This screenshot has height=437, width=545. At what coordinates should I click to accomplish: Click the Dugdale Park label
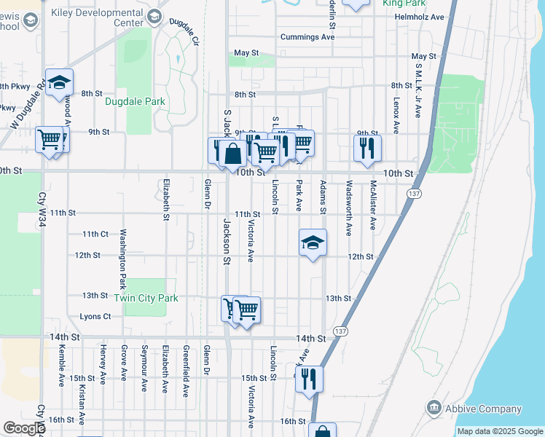point(135,102)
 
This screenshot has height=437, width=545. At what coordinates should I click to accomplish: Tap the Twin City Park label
point(146,298)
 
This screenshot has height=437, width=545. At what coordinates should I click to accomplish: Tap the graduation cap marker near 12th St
point(313,244)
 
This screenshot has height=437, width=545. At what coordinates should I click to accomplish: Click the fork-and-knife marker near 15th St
point(309,379)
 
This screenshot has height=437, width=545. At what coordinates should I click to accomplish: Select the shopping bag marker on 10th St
point(232,154)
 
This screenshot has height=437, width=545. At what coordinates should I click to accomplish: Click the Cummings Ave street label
point(308,37)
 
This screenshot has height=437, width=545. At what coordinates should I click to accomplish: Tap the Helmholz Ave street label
point(417,17)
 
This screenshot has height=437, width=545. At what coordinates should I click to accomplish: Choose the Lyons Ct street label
point(95,317)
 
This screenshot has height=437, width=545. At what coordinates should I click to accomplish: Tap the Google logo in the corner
point(24,428)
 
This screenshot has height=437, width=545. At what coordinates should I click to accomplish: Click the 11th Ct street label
point(95,234)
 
